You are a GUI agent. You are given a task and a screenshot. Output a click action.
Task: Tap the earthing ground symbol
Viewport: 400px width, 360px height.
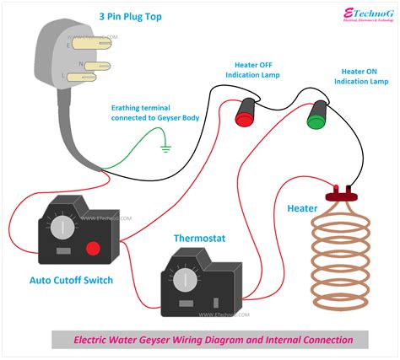(165, 149)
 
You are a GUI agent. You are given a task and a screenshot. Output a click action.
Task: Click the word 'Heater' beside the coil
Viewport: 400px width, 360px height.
(302, 208)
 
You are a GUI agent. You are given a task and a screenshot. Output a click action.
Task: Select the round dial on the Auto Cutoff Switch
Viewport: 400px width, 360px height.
(61, 228)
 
